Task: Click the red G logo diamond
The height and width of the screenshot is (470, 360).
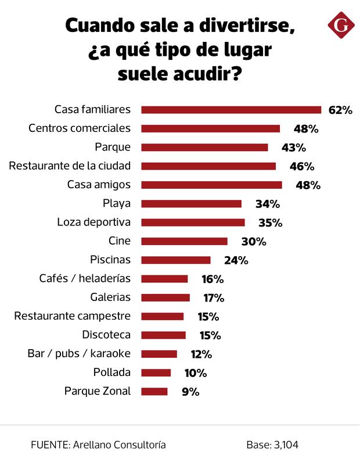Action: (x=341, y=26)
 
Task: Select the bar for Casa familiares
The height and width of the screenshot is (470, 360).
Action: (x=231, y=110)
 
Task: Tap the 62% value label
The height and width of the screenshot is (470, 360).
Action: (x=340, y=110)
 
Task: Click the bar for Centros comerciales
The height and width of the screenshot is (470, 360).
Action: (x=210, y=128)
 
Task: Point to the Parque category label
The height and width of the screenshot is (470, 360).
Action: (x=113, y=147)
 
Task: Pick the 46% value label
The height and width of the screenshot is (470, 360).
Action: (x=302, y=166)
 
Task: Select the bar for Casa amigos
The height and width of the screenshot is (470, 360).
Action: (x=211, y=185)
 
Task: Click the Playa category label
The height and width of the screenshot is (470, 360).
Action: (x=116, y=203)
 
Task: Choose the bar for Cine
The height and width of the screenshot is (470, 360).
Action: (x=184, y=241)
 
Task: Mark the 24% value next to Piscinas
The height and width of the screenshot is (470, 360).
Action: (x=236, y=260)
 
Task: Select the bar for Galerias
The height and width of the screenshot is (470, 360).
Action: (x=165, y=297)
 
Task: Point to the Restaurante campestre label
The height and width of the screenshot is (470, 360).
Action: (x=73, y=316)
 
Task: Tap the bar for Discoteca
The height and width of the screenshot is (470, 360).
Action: (x=163, y=335)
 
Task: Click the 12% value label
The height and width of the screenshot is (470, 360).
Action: (x=201, y=354)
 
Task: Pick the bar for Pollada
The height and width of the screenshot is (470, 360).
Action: (x=156, y=372)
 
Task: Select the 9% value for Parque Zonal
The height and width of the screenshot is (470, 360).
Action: (x=190, y=392)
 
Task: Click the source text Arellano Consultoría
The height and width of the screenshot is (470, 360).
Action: (x=119, y=444)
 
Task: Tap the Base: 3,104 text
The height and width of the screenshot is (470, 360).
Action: (x=272, y=444)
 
